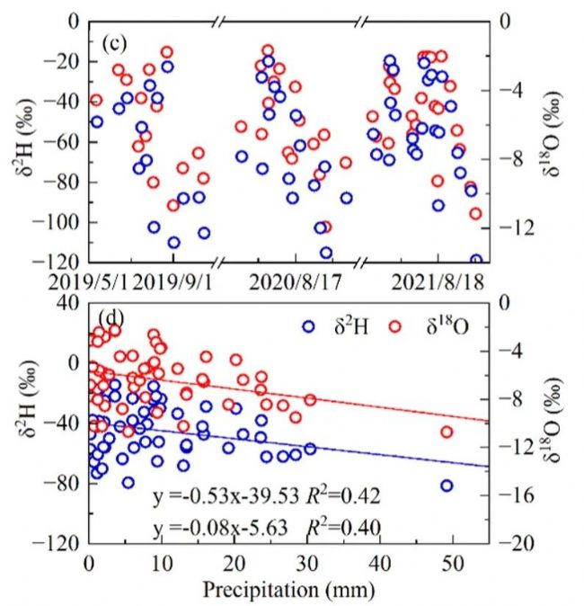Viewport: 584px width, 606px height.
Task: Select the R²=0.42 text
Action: point(344,495)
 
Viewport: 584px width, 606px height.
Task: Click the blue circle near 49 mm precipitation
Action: point(447,486)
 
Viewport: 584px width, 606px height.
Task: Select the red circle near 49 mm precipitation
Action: point(447,432)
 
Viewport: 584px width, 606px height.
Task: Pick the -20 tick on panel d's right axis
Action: point(515,544)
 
